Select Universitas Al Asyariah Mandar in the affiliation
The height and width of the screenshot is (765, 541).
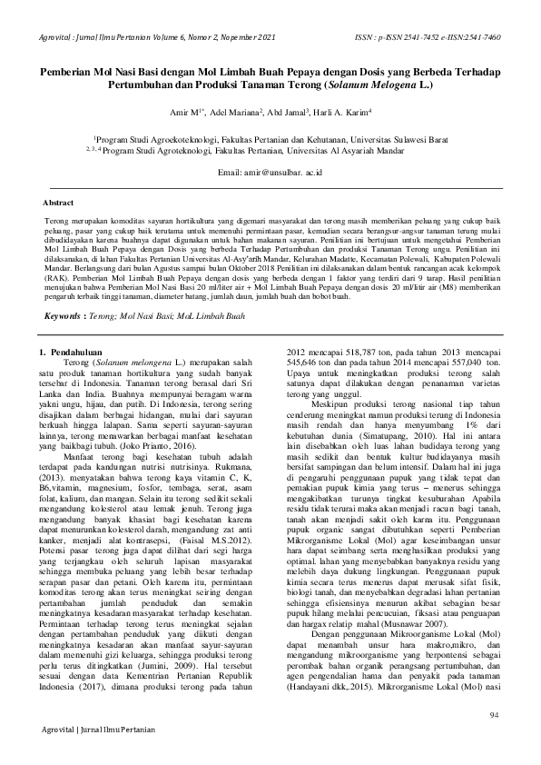click(392, 152)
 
